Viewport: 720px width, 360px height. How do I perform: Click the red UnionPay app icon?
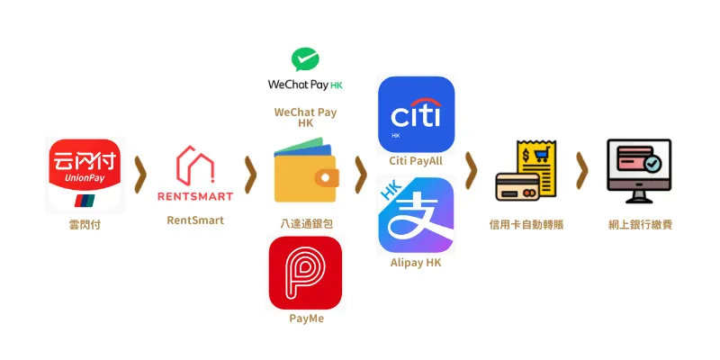[x=85, y=175]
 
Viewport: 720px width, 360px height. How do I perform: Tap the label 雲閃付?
[x=85, y=225]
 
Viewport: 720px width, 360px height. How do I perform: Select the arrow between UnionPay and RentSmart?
[x=140, y=175]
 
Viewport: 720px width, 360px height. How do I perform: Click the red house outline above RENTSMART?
[x=195, y=166]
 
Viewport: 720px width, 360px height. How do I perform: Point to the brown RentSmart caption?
[x=195, y=220]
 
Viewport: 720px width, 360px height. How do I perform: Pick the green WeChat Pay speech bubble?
[x=305, y=59]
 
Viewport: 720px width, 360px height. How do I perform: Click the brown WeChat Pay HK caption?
[x=305, y=118]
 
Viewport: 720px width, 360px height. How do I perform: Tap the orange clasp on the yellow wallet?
[x=327, y=178]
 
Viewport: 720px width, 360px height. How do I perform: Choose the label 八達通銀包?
[x=306, y=224]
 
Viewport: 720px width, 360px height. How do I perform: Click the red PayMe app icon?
[x=305, y=273]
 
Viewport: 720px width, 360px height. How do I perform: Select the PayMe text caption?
[x=306, y=319]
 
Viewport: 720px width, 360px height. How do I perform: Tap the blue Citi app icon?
[x=416, y=114]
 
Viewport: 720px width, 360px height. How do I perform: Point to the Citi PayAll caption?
[x=416, y=161]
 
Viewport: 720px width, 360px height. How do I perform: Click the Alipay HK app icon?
[x=416, y=215]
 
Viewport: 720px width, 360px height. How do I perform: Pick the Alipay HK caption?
[x=416, y=263]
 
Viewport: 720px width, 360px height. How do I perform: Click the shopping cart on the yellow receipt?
[x=542, y=155]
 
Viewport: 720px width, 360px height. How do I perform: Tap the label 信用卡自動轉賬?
[x=526, y=225]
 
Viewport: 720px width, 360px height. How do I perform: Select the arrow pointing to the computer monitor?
[x=581, y=170]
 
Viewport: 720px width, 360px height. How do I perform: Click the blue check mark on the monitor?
[x=652, y=163]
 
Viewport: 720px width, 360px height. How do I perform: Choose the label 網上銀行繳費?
[x=640, y=225]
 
